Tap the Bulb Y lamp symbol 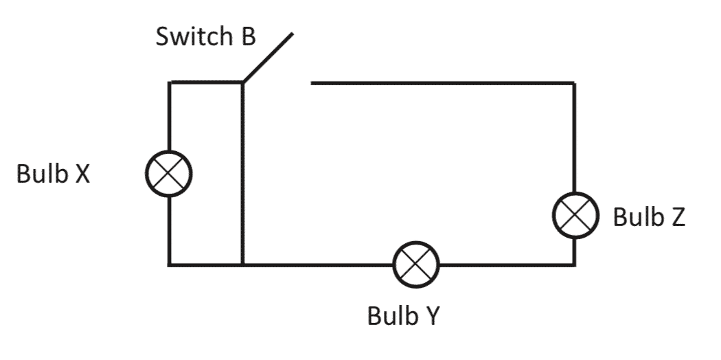tap(415, 265)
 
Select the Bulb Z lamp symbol tap(575, 215)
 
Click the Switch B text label tap(205, 36)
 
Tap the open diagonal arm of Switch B tap(268, 58)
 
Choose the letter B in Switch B tap(247, 36)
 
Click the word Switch tap(194, 36)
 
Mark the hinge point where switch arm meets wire tap(242, 83)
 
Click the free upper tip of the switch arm tap(294, 33)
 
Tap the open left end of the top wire tap(312, 83)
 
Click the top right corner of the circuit tap(574, 83)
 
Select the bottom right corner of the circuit tap(574, 265)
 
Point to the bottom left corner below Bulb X tap(169, 265)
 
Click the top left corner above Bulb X tap(169, 83)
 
